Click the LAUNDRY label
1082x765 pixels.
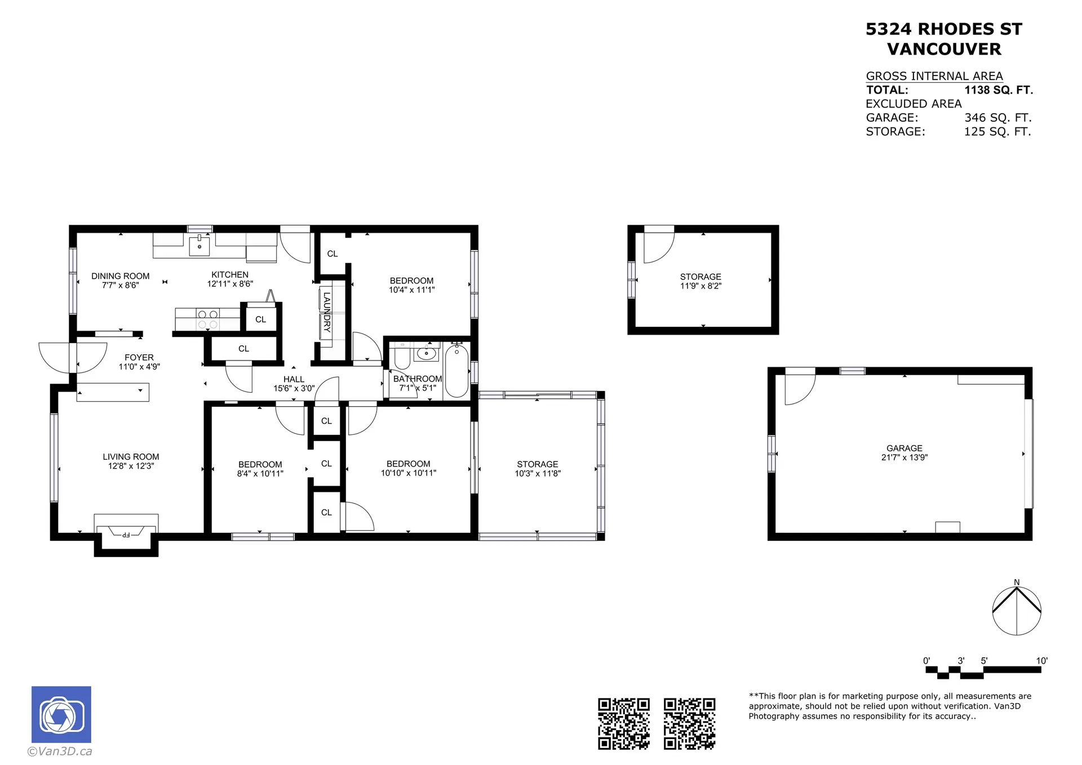pos(327,312)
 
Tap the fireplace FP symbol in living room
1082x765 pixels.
pos(126,534)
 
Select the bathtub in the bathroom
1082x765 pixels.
pos(456,371)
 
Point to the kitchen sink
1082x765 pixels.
pos(199,246)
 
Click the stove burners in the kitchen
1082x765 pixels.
pos(208,319)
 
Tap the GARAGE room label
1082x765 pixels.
pos(904,448)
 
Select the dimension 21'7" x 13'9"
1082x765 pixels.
pos(904,457)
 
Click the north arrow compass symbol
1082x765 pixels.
pos(1016,611)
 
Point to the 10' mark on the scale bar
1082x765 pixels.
pos(1041,661)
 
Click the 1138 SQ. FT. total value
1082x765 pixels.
pos(998,90)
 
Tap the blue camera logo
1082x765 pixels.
pos(61,714)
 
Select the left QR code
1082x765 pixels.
pos(623,724)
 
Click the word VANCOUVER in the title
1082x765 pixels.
pos(944,50)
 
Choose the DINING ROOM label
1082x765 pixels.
pos(121,276)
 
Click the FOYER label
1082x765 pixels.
pos(139,357)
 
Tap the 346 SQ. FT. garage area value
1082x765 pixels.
pos(997,118)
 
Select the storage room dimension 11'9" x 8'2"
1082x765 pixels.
pos(700,286)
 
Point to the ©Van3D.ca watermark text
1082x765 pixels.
pos(60,751)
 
